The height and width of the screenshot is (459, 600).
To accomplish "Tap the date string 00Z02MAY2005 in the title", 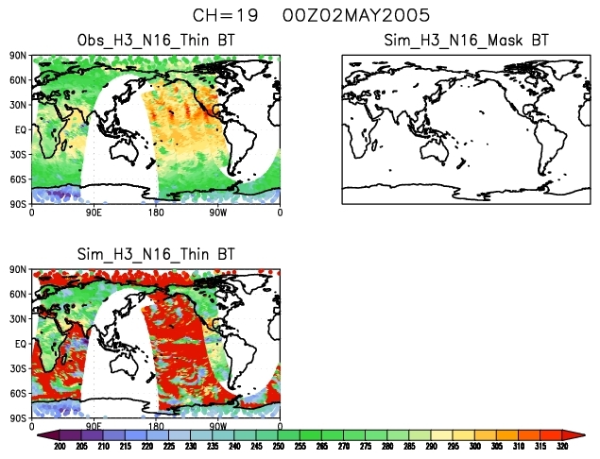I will click(x=350, y=16).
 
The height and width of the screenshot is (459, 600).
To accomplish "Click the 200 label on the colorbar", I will click(x=60, y=446).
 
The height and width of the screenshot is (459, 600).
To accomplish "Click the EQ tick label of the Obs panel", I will click(x=19, y=129).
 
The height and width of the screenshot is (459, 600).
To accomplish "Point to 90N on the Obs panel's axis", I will click(x=17, y=57).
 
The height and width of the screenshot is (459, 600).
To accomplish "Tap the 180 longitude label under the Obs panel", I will click(x=156, y=212).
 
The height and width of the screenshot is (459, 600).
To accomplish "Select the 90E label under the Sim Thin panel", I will click(x=94, y=426).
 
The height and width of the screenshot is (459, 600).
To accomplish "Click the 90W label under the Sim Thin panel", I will click(x=218, y=426).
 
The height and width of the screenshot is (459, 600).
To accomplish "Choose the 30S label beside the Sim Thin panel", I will click(x=17, y=368).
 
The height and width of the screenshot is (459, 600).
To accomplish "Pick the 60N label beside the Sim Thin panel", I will click(x=17, y=295).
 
